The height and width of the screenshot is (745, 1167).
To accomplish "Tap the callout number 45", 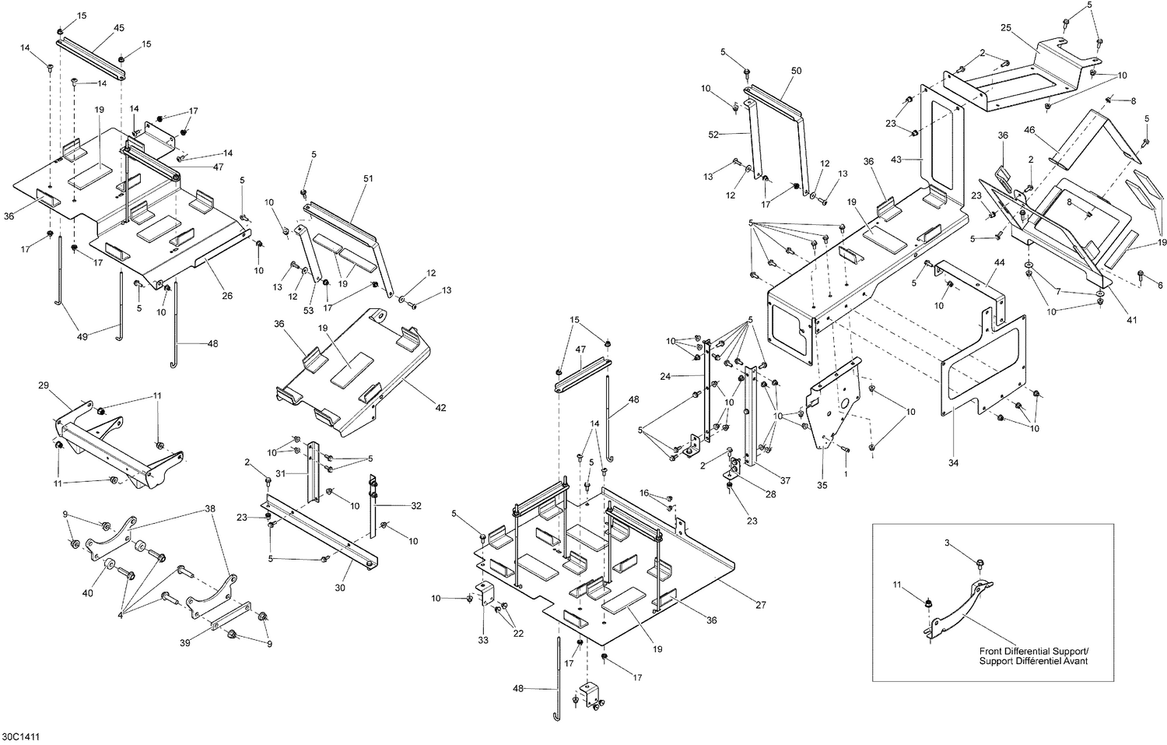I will (119, 28).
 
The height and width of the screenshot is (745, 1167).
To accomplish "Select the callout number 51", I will (368, 178).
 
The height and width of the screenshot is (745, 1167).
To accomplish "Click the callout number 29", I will (43, 385).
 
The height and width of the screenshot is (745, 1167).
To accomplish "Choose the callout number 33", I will (483, 641).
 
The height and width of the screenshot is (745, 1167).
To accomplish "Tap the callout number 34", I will (954, 463).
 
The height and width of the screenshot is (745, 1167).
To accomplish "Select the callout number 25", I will (1005, 28).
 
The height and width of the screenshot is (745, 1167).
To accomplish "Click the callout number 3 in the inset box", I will (948, 542).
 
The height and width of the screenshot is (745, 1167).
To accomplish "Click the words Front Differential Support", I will (1035, 651).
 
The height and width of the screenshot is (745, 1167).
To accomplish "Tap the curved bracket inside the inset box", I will (962, 607).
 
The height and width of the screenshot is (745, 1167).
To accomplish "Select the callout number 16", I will (644, 493).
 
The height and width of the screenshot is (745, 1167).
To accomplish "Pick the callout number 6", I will (1160, 285).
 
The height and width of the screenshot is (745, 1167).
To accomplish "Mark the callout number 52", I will (715, 134).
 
